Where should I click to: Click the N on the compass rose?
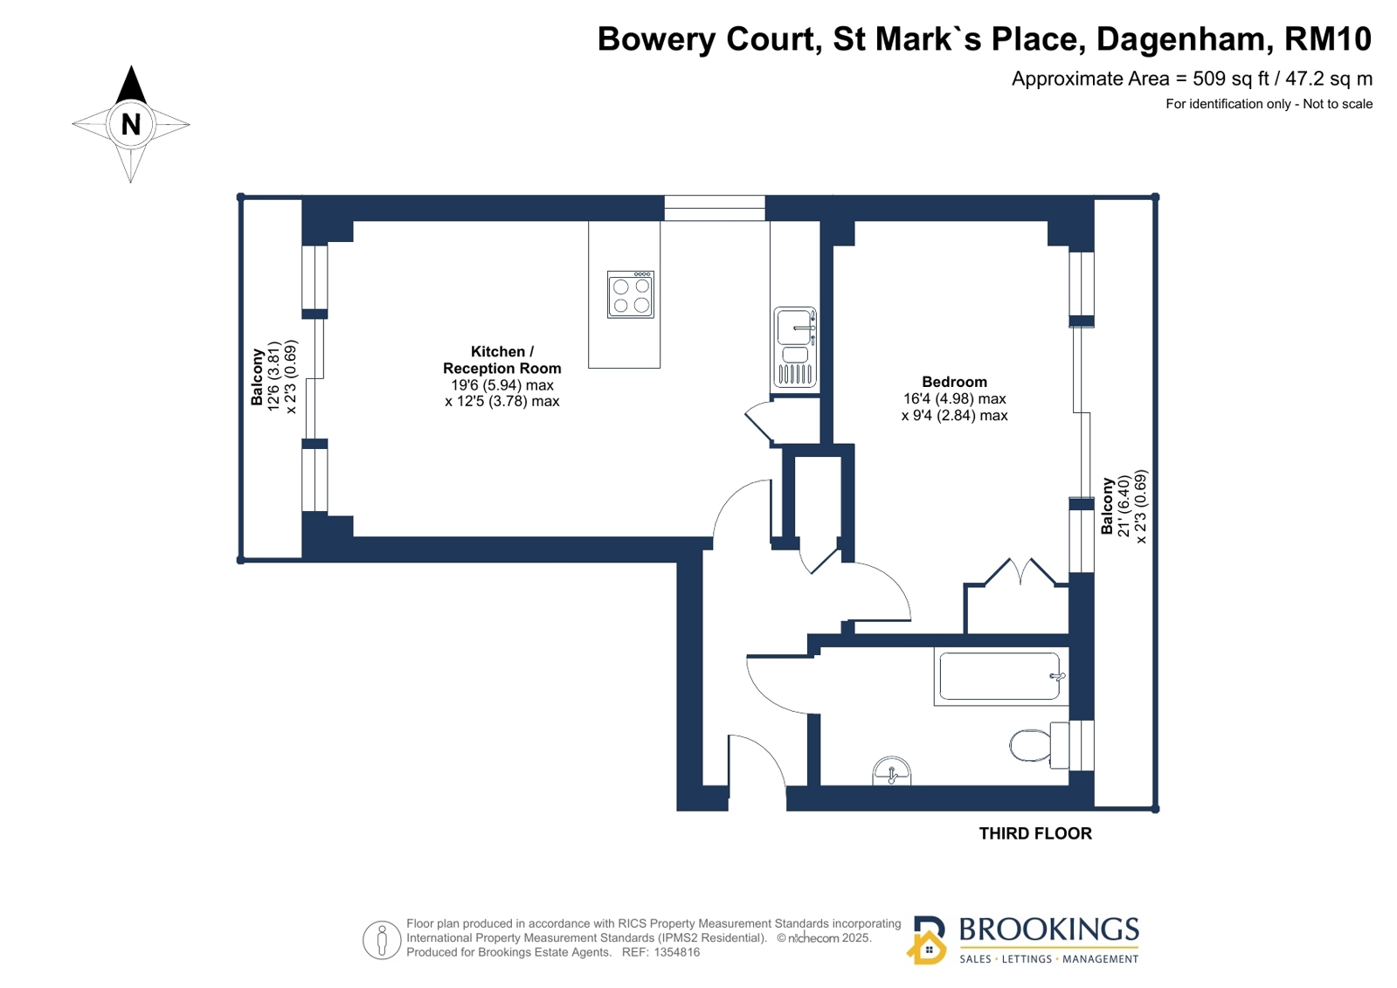coord(130,125)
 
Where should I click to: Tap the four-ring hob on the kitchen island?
coord(631,294)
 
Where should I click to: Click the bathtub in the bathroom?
coord(1001,676)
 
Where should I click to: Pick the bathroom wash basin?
coord(891,771)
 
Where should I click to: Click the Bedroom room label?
coord(954,382)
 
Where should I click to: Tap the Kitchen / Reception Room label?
coord(502,360)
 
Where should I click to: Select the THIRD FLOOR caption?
coord(1035,833)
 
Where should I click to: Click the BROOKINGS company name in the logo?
coord(1049,929)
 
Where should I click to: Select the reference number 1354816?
coord(677,952)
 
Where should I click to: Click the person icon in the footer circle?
coord(382,940)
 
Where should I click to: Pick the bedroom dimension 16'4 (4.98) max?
coord(954,398)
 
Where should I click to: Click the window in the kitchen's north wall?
coord(714,208)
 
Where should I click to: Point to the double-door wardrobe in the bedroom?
coord(1017,597)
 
